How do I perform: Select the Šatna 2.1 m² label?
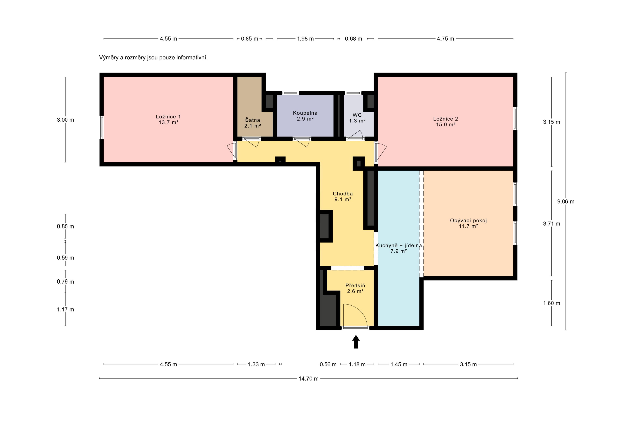click(253, 123)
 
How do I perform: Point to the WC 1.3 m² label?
click(357, 118)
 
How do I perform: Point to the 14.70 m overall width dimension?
click(309, 379)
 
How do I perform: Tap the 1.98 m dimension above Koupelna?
click(305, 39)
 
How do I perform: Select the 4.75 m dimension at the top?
click(446, 39)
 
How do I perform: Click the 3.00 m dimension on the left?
click(65, 120)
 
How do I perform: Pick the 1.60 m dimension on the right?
click(552, 303)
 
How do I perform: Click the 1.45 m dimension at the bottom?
click(399, 364)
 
